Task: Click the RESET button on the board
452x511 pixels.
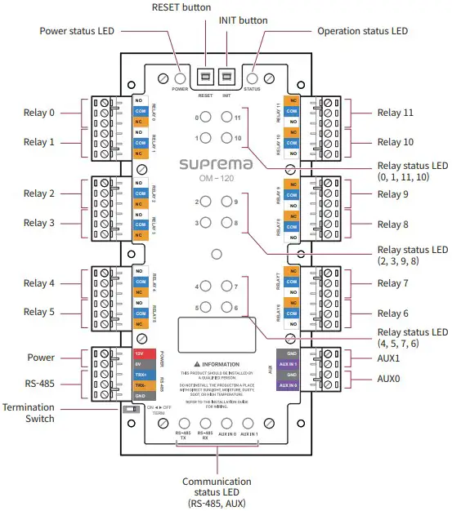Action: tap(207, 77)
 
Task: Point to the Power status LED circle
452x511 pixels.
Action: tap(181, 77)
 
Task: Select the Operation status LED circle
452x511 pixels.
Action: tap(252, 77)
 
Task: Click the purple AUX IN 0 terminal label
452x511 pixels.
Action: tap(288, 385)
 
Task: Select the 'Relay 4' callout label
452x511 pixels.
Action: tap(39, 283)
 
